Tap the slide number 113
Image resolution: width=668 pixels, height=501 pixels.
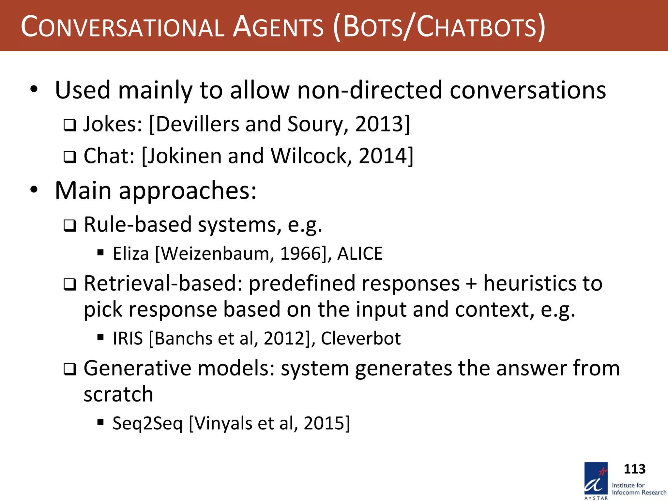(634, 469)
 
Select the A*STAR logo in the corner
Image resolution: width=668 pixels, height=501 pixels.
(596, 480)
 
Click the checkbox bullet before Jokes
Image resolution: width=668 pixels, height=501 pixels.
(70, 125)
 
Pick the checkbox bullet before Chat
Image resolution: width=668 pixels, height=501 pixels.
(70, 157)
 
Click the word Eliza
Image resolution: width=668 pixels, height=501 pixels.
(131, 254)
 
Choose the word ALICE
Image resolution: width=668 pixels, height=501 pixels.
(360, 254)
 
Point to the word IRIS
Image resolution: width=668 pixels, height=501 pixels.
(128, 339)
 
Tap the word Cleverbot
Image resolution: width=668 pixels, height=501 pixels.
(361, 339)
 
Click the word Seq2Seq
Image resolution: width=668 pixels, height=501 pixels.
(147, 423)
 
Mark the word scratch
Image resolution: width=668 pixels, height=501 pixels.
(118, 394)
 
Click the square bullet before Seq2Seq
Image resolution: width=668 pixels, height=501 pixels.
(100, 422)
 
